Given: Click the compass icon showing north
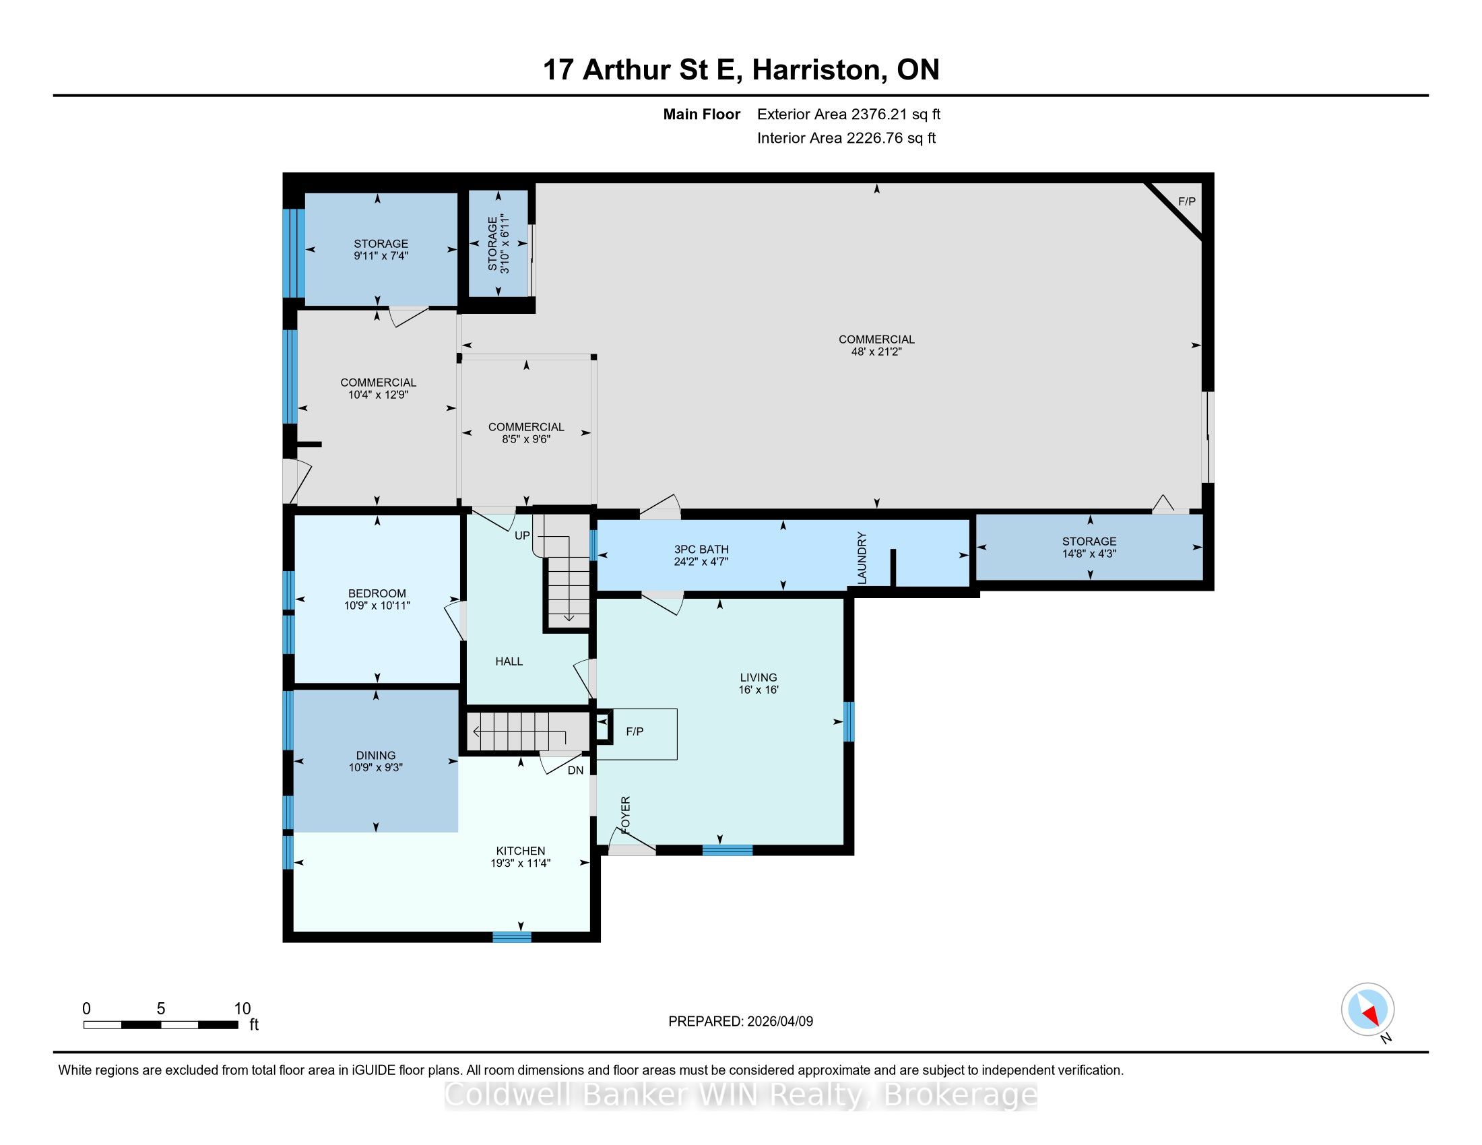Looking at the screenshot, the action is click(1368, 1010).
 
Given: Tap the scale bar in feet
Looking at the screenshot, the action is click(162, 1025).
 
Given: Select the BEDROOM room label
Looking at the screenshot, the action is click(377, 593).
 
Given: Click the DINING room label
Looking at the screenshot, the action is click(376, 756).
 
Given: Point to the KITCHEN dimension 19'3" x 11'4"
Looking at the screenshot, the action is click(521, 863).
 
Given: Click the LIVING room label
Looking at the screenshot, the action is click(759, 678).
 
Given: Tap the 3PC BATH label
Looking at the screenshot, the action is click(702, 550).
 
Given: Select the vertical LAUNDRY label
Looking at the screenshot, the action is click(862, 558).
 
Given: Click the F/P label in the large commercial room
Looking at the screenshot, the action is click(1187, 201).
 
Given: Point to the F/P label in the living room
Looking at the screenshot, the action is click(635, 732).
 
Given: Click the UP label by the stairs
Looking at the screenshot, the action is click(522, 536).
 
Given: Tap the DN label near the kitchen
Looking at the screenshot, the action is click(575, 771).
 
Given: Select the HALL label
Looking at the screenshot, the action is click(509, 661).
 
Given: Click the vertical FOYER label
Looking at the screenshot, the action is click(626, 816).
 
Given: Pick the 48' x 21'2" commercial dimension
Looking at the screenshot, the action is click(876, 352).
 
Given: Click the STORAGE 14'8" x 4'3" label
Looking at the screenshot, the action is click(1089, 548).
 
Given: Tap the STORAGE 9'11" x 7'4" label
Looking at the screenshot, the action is click(381, 250).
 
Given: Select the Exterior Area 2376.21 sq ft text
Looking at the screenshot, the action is click(849, 115).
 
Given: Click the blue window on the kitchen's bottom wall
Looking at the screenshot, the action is click(512, 938).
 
